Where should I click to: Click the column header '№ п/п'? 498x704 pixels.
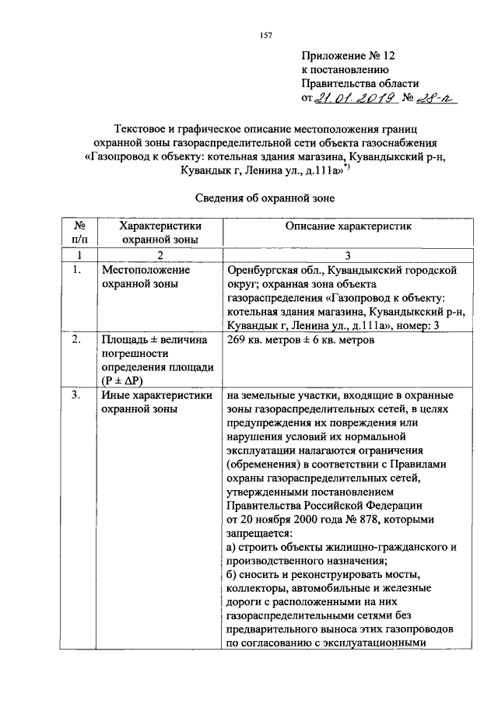pos(79,233)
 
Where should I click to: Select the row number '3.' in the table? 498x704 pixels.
pos(76,395)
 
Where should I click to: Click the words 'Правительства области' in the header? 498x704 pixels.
pos(360,83)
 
